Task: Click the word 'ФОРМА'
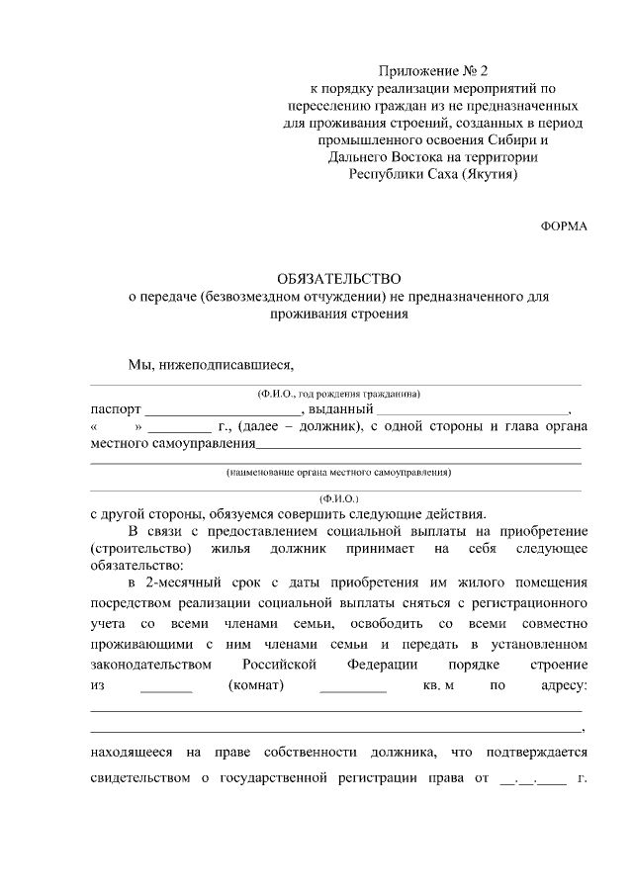pyautogui.click(x=563, y=225)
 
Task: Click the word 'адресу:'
pyautogui.click(x=559, y=685)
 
